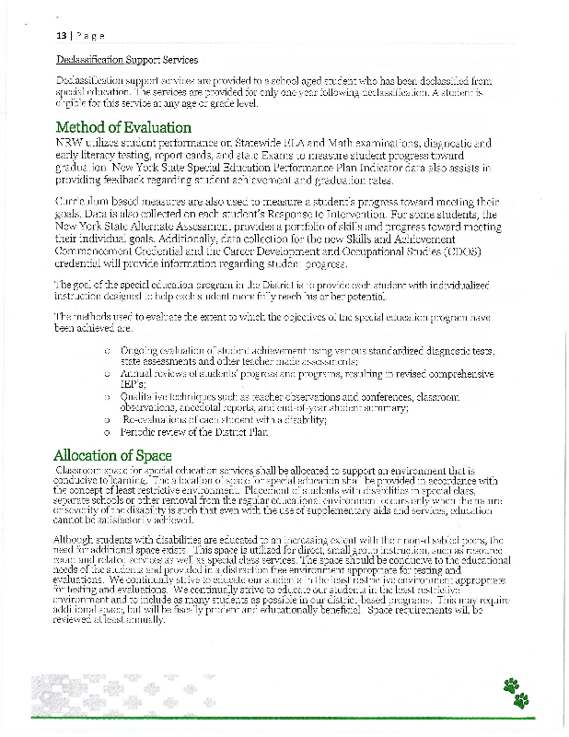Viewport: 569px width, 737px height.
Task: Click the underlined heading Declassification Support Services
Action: [x=120, y=61]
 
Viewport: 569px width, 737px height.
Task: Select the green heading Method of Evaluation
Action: [x=122, y=126]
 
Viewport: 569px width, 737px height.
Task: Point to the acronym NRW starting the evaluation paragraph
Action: [x=66, y=145]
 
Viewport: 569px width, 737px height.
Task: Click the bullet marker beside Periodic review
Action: [x=109, y=432]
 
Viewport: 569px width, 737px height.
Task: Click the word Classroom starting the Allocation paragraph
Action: [x=78, y=470]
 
